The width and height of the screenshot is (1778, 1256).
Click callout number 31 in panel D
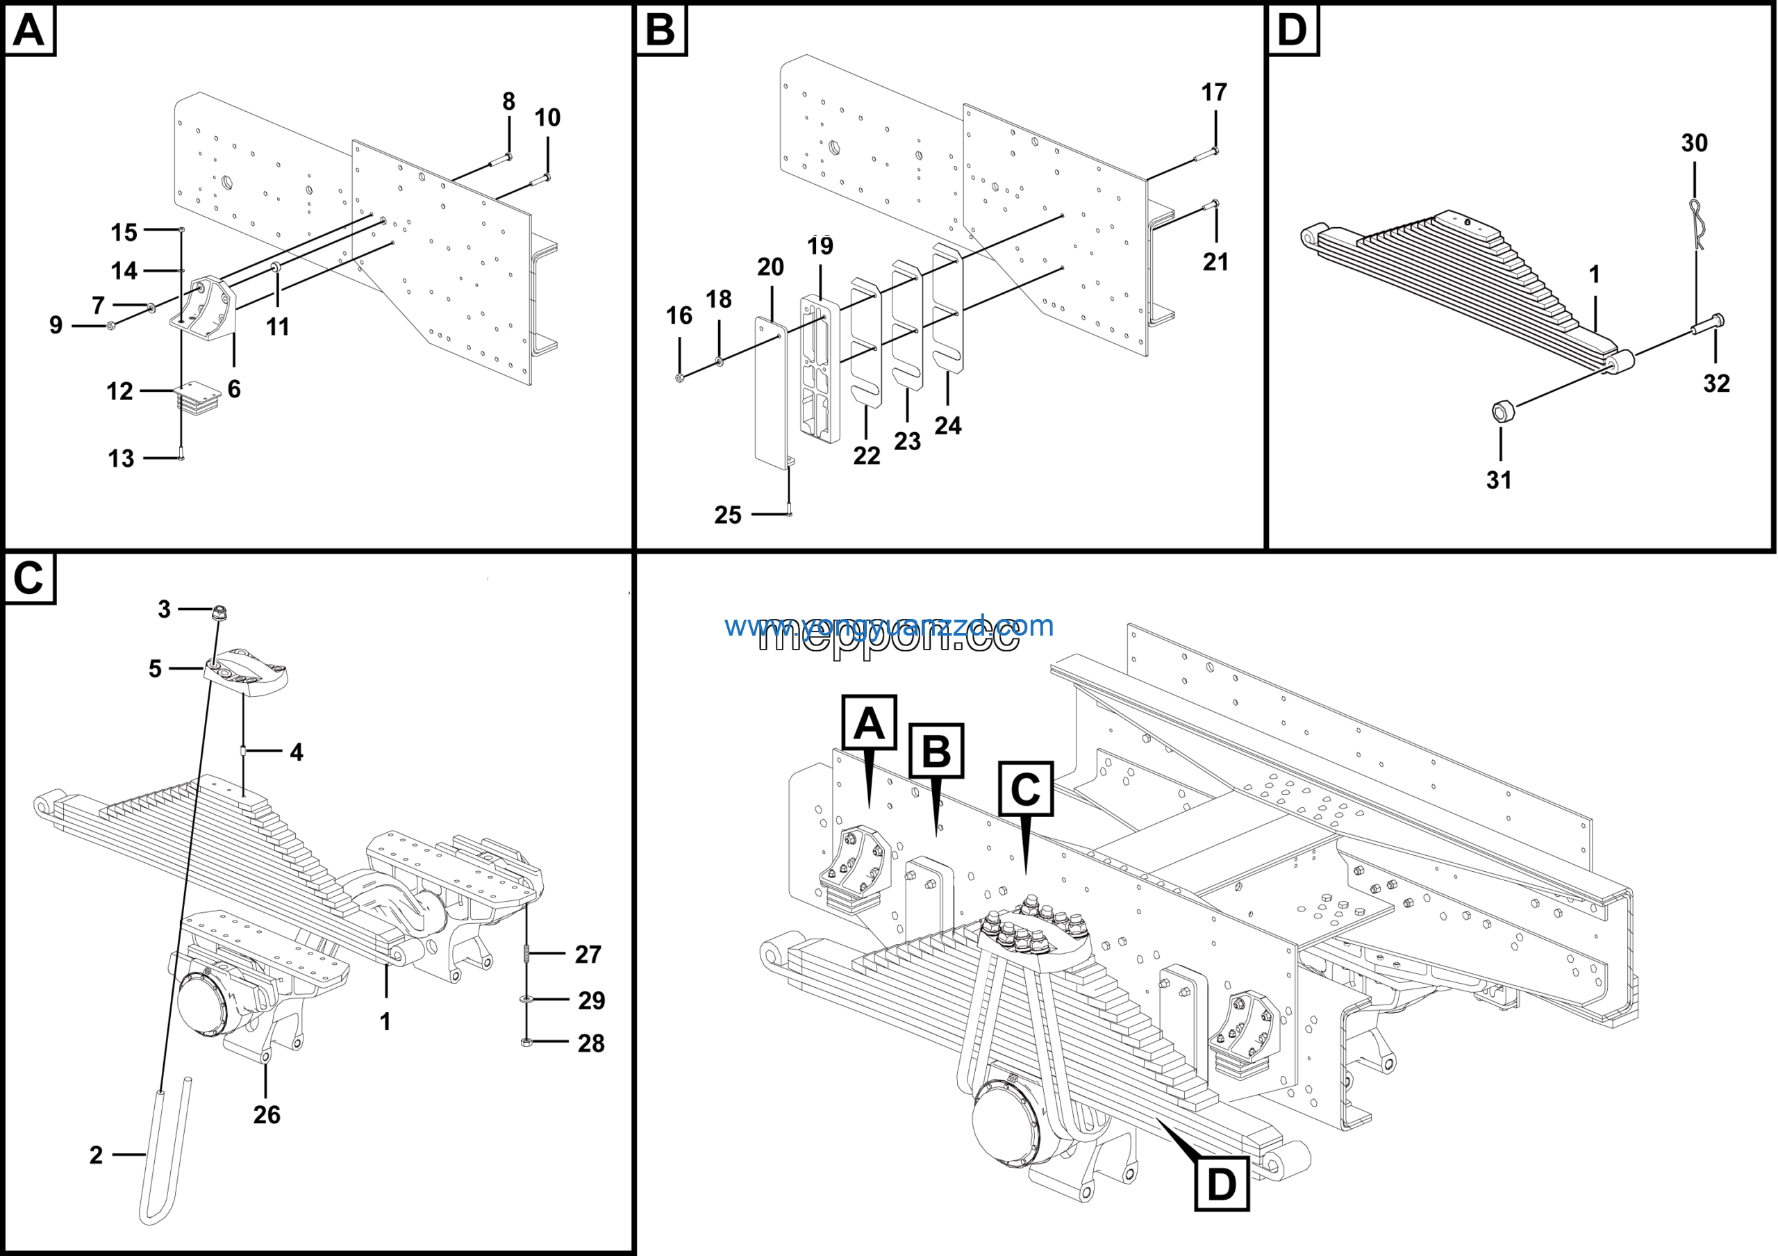(x=1498, y=480)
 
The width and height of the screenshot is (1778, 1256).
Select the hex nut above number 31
(x=1503, y=411)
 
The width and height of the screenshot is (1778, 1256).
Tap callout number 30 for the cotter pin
(x=1693, y=143)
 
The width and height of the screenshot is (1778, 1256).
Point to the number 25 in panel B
(x=727, y=515)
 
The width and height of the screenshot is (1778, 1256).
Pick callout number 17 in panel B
(x=1213, y=93)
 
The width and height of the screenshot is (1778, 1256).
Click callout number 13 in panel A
(x=121, y=458)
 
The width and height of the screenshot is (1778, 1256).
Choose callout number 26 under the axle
(x=267, y=1114)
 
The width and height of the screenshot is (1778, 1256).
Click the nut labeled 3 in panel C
(x=219, y=613)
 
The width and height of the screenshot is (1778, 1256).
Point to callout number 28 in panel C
(x=591, y=1043)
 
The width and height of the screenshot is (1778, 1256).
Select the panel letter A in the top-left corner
(x=29, y=31)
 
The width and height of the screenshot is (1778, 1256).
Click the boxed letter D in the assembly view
(x=1221, y=1184)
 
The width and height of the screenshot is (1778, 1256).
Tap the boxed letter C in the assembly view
(x=1025, y=789)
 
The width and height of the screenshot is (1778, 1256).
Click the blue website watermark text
(x=888, y=625)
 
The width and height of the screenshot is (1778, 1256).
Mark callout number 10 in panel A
(x=547, y=117)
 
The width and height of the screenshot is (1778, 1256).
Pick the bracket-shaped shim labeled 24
(x=947, y=310)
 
